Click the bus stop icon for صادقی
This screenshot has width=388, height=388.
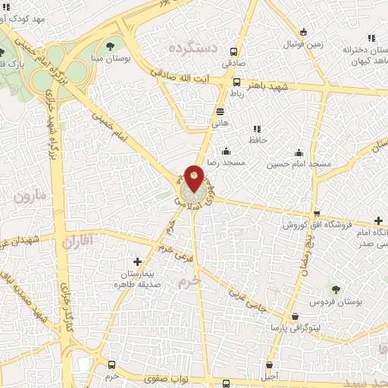(x=233, y=52)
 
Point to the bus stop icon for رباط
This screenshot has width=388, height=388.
(x=236, y=83)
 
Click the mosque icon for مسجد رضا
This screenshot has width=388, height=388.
(x=226, y=152)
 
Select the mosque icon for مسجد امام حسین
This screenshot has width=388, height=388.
(x=299, y=152)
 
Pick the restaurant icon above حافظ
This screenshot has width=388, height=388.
(x=255, y=129)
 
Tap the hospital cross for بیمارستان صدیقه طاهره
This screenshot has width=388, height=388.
(x=137, y=261)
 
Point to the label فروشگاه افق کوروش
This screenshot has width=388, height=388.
(x=313, y=225)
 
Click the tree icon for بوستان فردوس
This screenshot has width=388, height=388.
(x=335, y=289)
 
